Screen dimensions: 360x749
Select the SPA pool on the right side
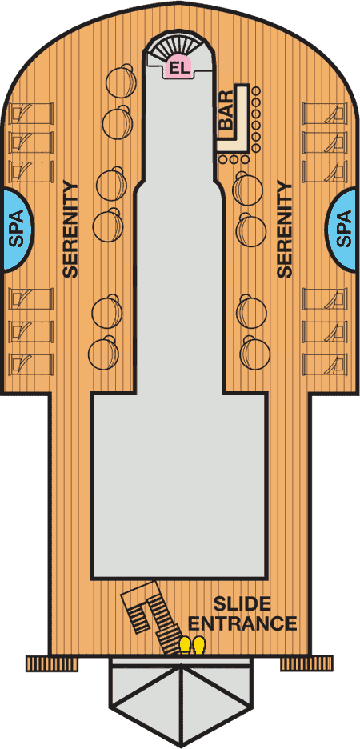pyautogui.click(x=343, y=230)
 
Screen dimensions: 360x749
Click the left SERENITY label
pyautogui.click(x=70, y=230)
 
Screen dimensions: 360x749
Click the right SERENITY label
pyautogui.click(x=285, y=230)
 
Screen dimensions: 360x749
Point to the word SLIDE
pyautogui.click(x=242, y=604)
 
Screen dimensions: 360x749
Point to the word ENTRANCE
pyautogui.click(x=242, y=623)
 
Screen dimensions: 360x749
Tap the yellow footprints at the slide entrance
pyautogui.click(x=192, y=645)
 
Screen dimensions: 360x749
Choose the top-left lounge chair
pyautogui.click(x=31, y=113)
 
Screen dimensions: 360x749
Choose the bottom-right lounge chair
pyautogui.click(x=325, y=364)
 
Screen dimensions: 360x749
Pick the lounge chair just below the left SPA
pyautogui.click(x=31, y=299)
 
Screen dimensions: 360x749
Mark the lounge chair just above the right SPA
pyautogui.click(x=325, y=171)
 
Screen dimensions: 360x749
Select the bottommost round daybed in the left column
pyautogui.click(x=104, y=353)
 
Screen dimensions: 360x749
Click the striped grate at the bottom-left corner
pyautogui.click(x=51, y=663)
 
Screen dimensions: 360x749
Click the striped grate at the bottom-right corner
pyautogui.click(x=306, y=663)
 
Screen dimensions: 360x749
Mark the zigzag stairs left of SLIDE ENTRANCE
pyautogui.click(x=150, y=615)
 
